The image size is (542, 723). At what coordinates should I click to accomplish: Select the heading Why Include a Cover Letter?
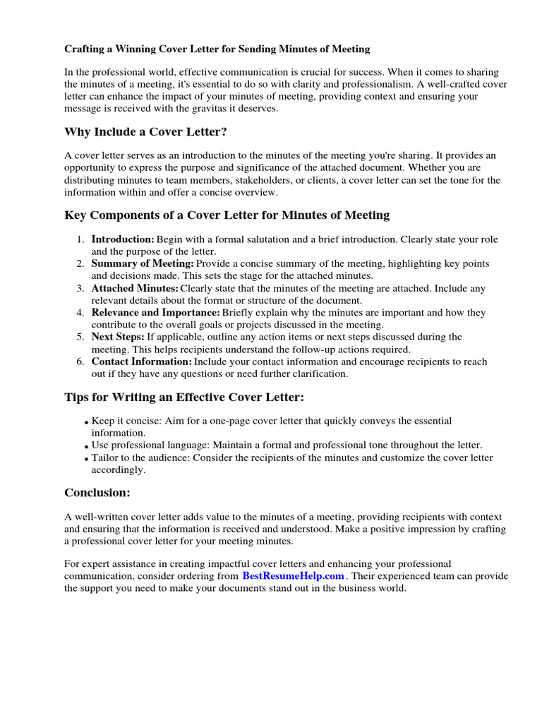click(x=146, y=132)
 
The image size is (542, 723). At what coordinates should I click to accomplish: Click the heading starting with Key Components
click(x=227, y=215)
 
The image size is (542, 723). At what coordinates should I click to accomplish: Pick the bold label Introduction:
click(x=123, y=239)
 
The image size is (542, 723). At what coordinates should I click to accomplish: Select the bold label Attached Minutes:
click(x=135, y=288)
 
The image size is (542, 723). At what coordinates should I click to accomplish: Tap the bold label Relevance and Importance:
click(x=156, y=312)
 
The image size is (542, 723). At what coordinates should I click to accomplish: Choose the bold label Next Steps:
click(x=118, y=337)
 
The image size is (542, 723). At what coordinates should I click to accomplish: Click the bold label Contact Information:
click(x=142, y=361)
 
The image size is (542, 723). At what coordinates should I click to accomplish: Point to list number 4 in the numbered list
click(x=80, y=312)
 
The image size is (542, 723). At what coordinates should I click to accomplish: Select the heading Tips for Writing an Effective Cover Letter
click(x=184, y=398)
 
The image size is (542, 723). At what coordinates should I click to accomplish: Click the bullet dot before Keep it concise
click(x=86, y=422)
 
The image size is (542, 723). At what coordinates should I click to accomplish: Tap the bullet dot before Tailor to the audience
click(x=86, y=459)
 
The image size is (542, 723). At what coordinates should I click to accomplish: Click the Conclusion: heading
click(x=97, y=492)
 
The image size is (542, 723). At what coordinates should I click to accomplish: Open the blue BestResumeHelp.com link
click(x=293, y=575)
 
